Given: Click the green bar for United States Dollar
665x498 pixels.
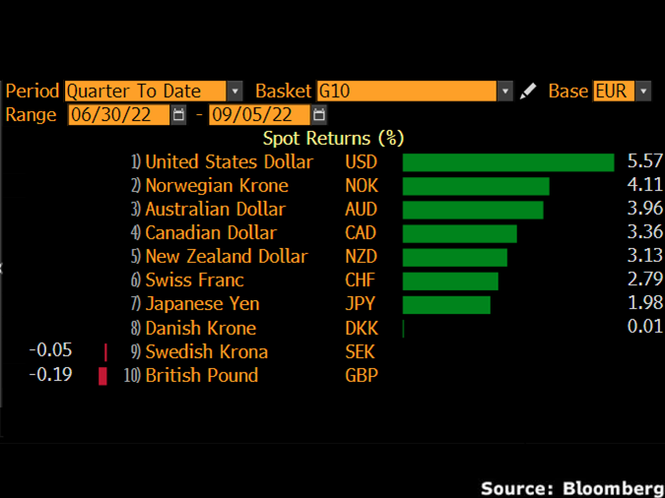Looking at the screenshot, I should coord(507,162).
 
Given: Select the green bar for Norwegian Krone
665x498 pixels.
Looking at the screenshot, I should coord(475,186).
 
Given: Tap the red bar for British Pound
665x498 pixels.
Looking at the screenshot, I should coord(102,376).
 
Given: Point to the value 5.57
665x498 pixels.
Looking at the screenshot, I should coord(644,162).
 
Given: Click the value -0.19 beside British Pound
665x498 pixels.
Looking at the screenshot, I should coord(50,375).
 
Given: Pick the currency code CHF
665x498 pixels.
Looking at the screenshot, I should coord(361,280).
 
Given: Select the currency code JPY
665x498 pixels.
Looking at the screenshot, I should coord(361,304).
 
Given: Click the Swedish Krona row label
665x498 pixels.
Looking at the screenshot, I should coord(206,351).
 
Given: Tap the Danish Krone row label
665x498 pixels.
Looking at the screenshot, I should coord(200,328).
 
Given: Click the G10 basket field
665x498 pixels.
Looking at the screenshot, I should coord(405,92).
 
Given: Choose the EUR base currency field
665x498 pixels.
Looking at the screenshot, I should coord(613,92).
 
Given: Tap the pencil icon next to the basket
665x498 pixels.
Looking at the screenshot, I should coord(529,92).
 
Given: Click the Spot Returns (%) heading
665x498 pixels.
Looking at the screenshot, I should coord(333,139).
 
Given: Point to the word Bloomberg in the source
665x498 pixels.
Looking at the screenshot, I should coord(613,488).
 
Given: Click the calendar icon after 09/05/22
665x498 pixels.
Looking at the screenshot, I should coord(319,115).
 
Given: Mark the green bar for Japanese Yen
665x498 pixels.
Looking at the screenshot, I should coord(446,304).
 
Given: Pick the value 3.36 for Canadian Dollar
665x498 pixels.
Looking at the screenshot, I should coord(644,233).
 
